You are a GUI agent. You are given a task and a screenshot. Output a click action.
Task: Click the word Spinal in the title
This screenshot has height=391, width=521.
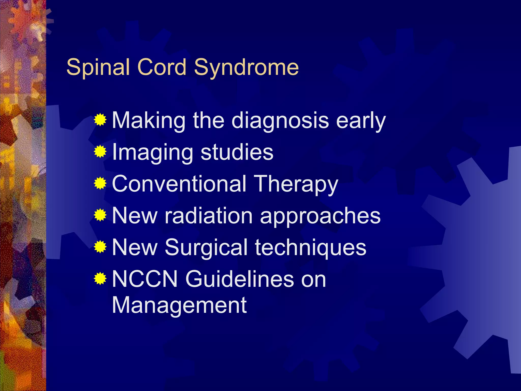coord(98,67)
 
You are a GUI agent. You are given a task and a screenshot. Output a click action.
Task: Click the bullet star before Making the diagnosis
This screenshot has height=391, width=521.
coord(100,120)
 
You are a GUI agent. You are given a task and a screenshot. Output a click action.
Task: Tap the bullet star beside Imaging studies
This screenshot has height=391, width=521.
coord(100,152)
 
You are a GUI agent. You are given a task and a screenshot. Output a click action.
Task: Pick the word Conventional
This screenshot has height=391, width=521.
coord(179,184)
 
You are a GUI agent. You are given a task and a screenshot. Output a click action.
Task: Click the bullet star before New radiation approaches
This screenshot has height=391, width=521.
coord(100,215)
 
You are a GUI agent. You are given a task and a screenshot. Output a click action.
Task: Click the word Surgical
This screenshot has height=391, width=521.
coord(206,247)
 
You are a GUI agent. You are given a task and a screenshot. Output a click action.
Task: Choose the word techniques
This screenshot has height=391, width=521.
coord(311,247)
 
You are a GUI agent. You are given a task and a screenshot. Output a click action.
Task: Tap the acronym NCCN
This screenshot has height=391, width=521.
coord(144,279)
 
